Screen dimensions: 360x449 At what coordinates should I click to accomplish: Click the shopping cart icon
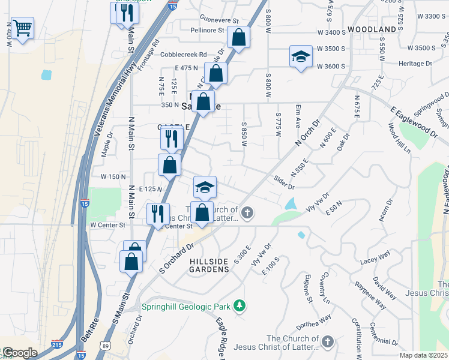pos(22,28)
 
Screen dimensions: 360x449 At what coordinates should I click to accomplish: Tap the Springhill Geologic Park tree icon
pos(240,306)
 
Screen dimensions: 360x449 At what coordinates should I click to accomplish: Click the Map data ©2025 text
pos(423,355)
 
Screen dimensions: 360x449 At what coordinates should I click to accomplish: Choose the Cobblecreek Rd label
pos(183,54)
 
